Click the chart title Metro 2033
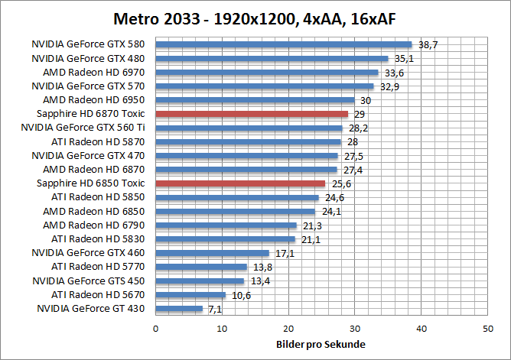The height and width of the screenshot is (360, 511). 255,18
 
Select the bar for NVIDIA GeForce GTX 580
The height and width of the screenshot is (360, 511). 284,44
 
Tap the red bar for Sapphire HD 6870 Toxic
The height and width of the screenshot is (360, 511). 252,114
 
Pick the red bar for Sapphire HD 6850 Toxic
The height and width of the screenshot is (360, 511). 240,183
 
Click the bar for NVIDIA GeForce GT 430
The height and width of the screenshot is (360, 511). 179,309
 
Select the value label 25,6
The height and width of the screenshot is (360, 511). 339,184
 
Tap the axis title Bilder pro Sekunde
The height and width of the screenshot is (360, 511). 321,344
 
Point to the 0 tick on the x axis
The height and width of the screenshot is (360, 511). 156,328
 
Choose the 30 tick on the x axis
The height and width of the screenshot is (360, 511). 355,328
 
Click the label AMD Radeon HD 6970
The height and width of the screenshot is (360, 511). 95,72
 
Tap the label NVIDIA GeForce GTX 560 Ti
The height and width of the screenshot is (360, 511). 89,128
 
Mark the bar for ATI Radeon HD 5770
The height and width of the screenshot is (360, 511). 201,267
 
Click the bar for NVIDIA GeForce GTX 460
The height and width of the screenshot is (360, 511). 213,253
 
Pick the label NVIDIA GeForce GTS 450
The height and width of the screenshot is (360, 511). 89,281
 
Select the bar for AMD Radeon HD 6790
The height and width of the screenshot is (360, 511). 226,225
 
